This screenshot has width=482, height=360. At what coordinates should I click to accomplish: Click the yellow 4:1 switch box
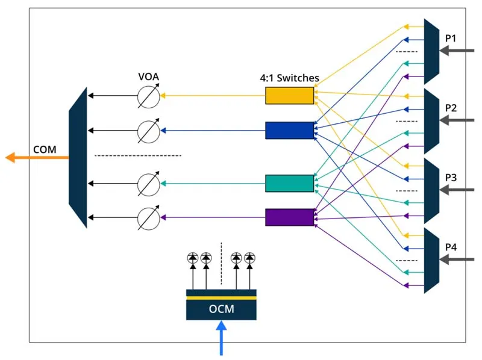(290, 96)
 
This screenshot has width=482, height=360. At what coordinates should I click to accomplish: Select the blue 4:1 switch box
(290, 130)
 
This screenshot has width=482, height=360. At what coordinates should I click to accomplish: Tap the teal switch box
(290, 183)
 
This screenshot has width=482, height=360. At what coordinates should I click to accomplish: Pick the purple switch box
(290, 217)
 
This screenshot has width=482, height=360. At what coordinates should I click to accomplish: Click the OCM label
(221, 309)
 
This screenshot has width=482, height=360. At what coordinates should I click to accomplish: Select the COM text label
(45, 148)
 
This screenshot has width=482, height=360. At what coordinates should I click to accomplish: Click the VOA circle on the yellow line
(148, 96)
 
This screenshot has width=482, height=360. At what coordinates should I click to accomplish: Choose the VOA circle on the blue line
(148, 130)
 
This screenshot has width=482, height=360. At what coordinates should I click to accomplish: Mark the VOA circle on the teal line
(148, 183)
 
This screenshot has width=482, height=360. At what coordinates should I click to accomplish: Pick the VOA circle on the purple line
(148, 217)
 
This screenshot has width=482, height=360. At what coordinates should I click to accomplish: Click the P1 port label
(451, 39)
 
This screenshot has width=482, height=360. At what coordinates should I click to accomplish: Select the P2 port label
(451, 108)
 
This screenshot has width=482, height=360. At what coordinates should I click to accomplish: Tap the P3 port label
(451, 178)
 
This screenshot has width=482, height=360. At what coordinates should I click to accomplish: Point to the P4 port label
(451, 247)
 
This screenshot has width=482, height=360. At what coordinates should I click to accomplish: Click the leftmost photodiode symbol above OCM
(193, 258)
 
